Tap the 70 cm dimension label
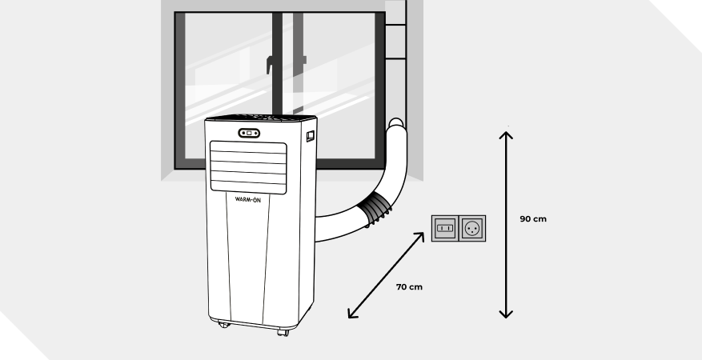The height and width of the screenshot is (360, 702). click(408, 286)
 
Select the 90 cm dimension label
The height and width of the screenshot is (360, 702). click(533, 218)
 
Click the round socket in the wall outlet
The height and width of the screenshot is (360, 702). click(471, 229)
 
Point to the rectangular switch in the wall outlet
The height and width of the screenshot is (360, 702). click(444, 229)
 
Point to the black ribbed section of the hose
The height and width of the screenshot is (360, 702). click(376, 210)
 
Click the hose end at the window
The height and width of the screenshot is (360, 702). click(395, 125)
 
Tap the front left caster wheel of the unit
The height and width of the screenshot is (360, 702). click(222, 325)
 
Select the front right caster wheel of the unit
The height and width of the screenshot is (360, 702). click(282, 330)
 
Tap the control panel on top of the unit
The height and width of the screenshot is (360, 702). click(260, 118)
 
